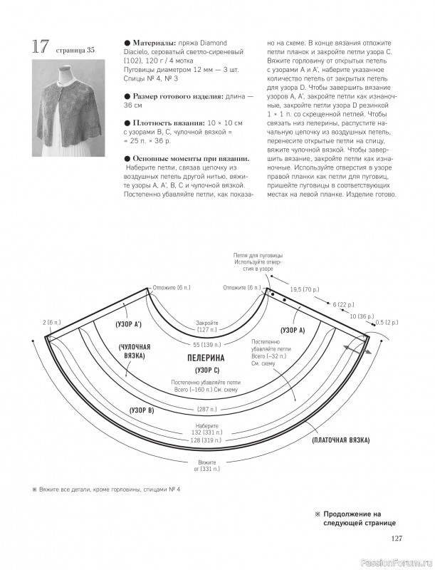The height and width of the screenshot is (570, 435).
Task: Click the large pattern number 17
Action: (38, 47)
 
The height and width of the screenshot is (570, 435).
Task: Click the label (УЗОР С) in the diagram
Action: (206, 370)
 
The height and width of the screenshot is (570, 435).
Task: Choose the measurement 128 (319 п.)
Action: (206, 440)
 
